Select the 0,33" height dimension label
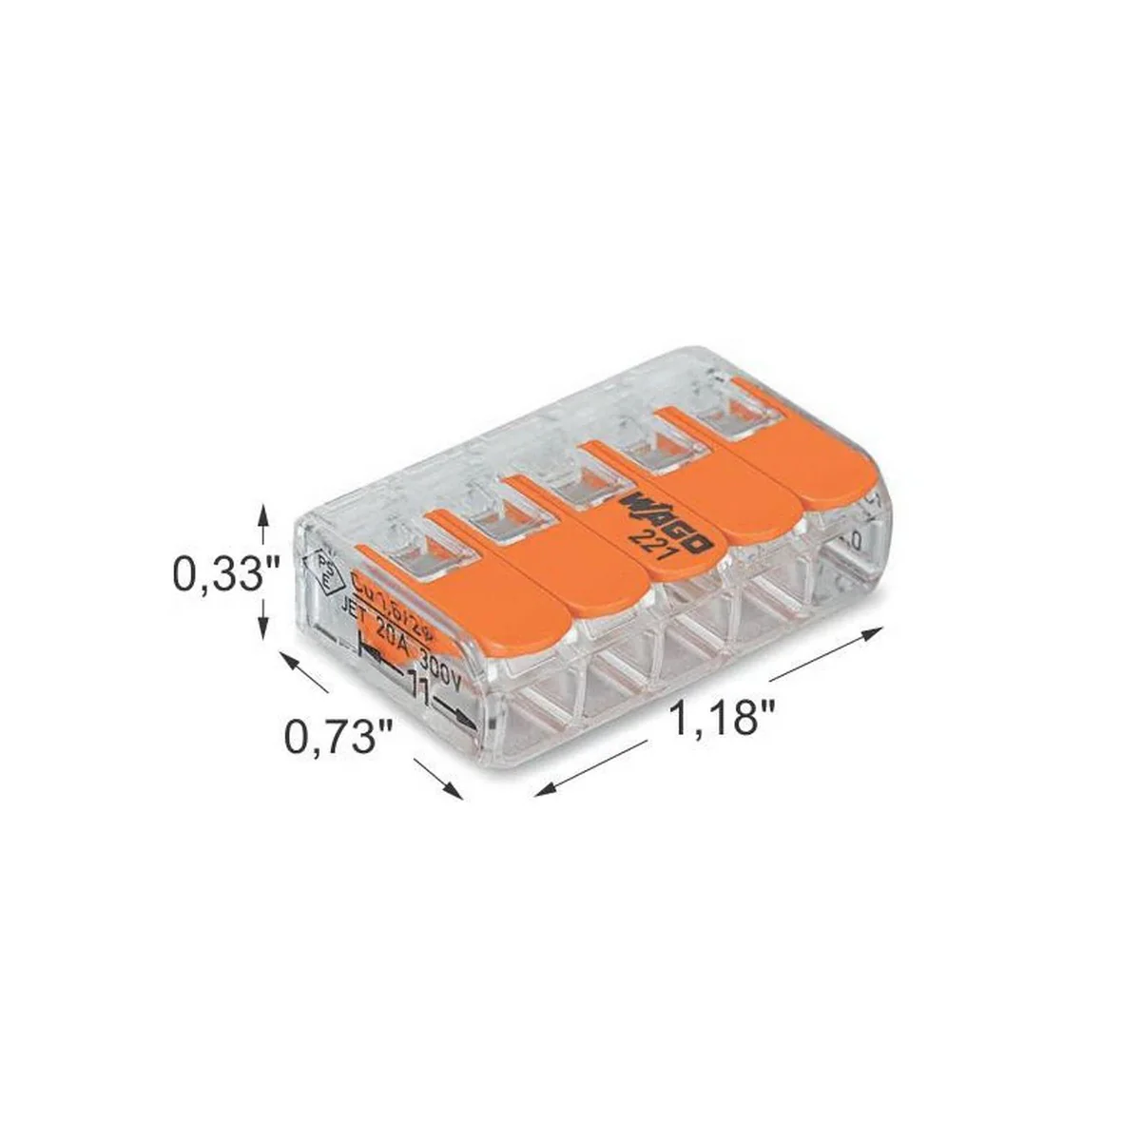click(x=225, y=574)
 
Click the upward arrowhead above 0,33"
click(x=265, y=514)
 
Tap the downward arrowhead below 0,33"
click(x=265, y=633)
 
